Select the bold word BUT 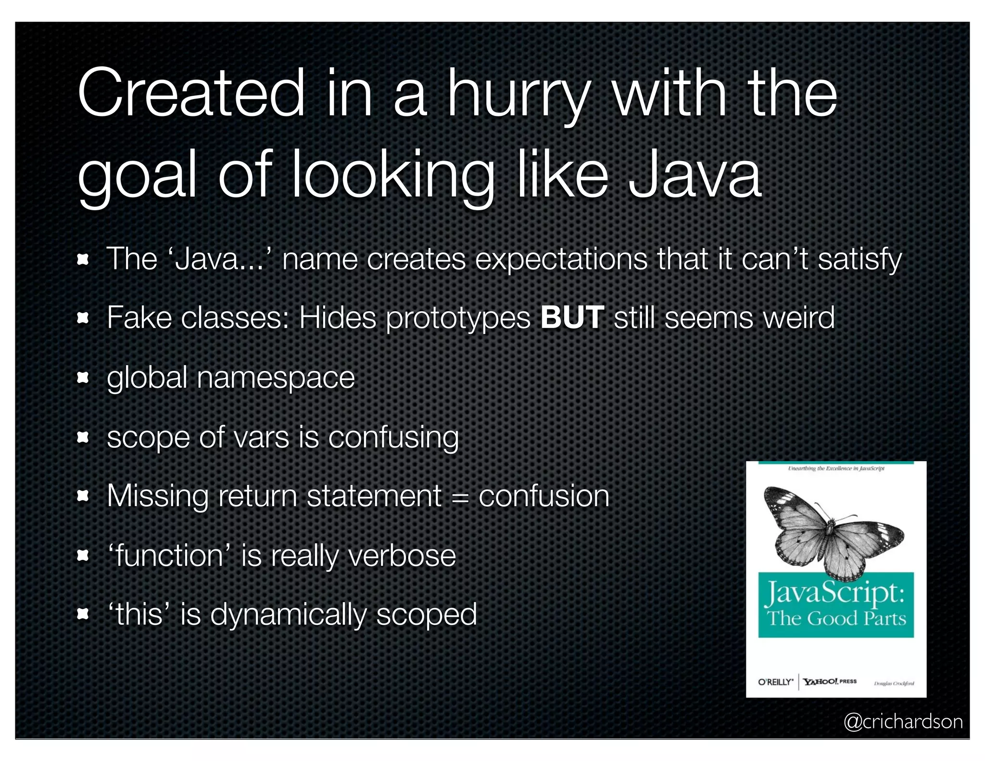[572, 317]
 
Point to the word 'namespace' [276, 378]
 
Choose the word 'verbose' [401, 556]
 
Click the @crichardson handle [903, 722]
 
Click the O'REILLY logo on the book [775, 682]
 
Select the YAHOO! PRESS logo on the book [830, 681]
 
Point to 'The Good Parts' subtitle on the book [836, 618]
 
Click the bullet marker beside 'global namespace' [83, 378]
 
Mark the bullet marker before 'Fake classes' [83, 318]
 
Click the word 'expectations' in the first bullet [561, 260]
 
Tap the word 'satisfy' [859, 260]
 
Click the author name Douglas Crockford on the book [894, 683]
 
